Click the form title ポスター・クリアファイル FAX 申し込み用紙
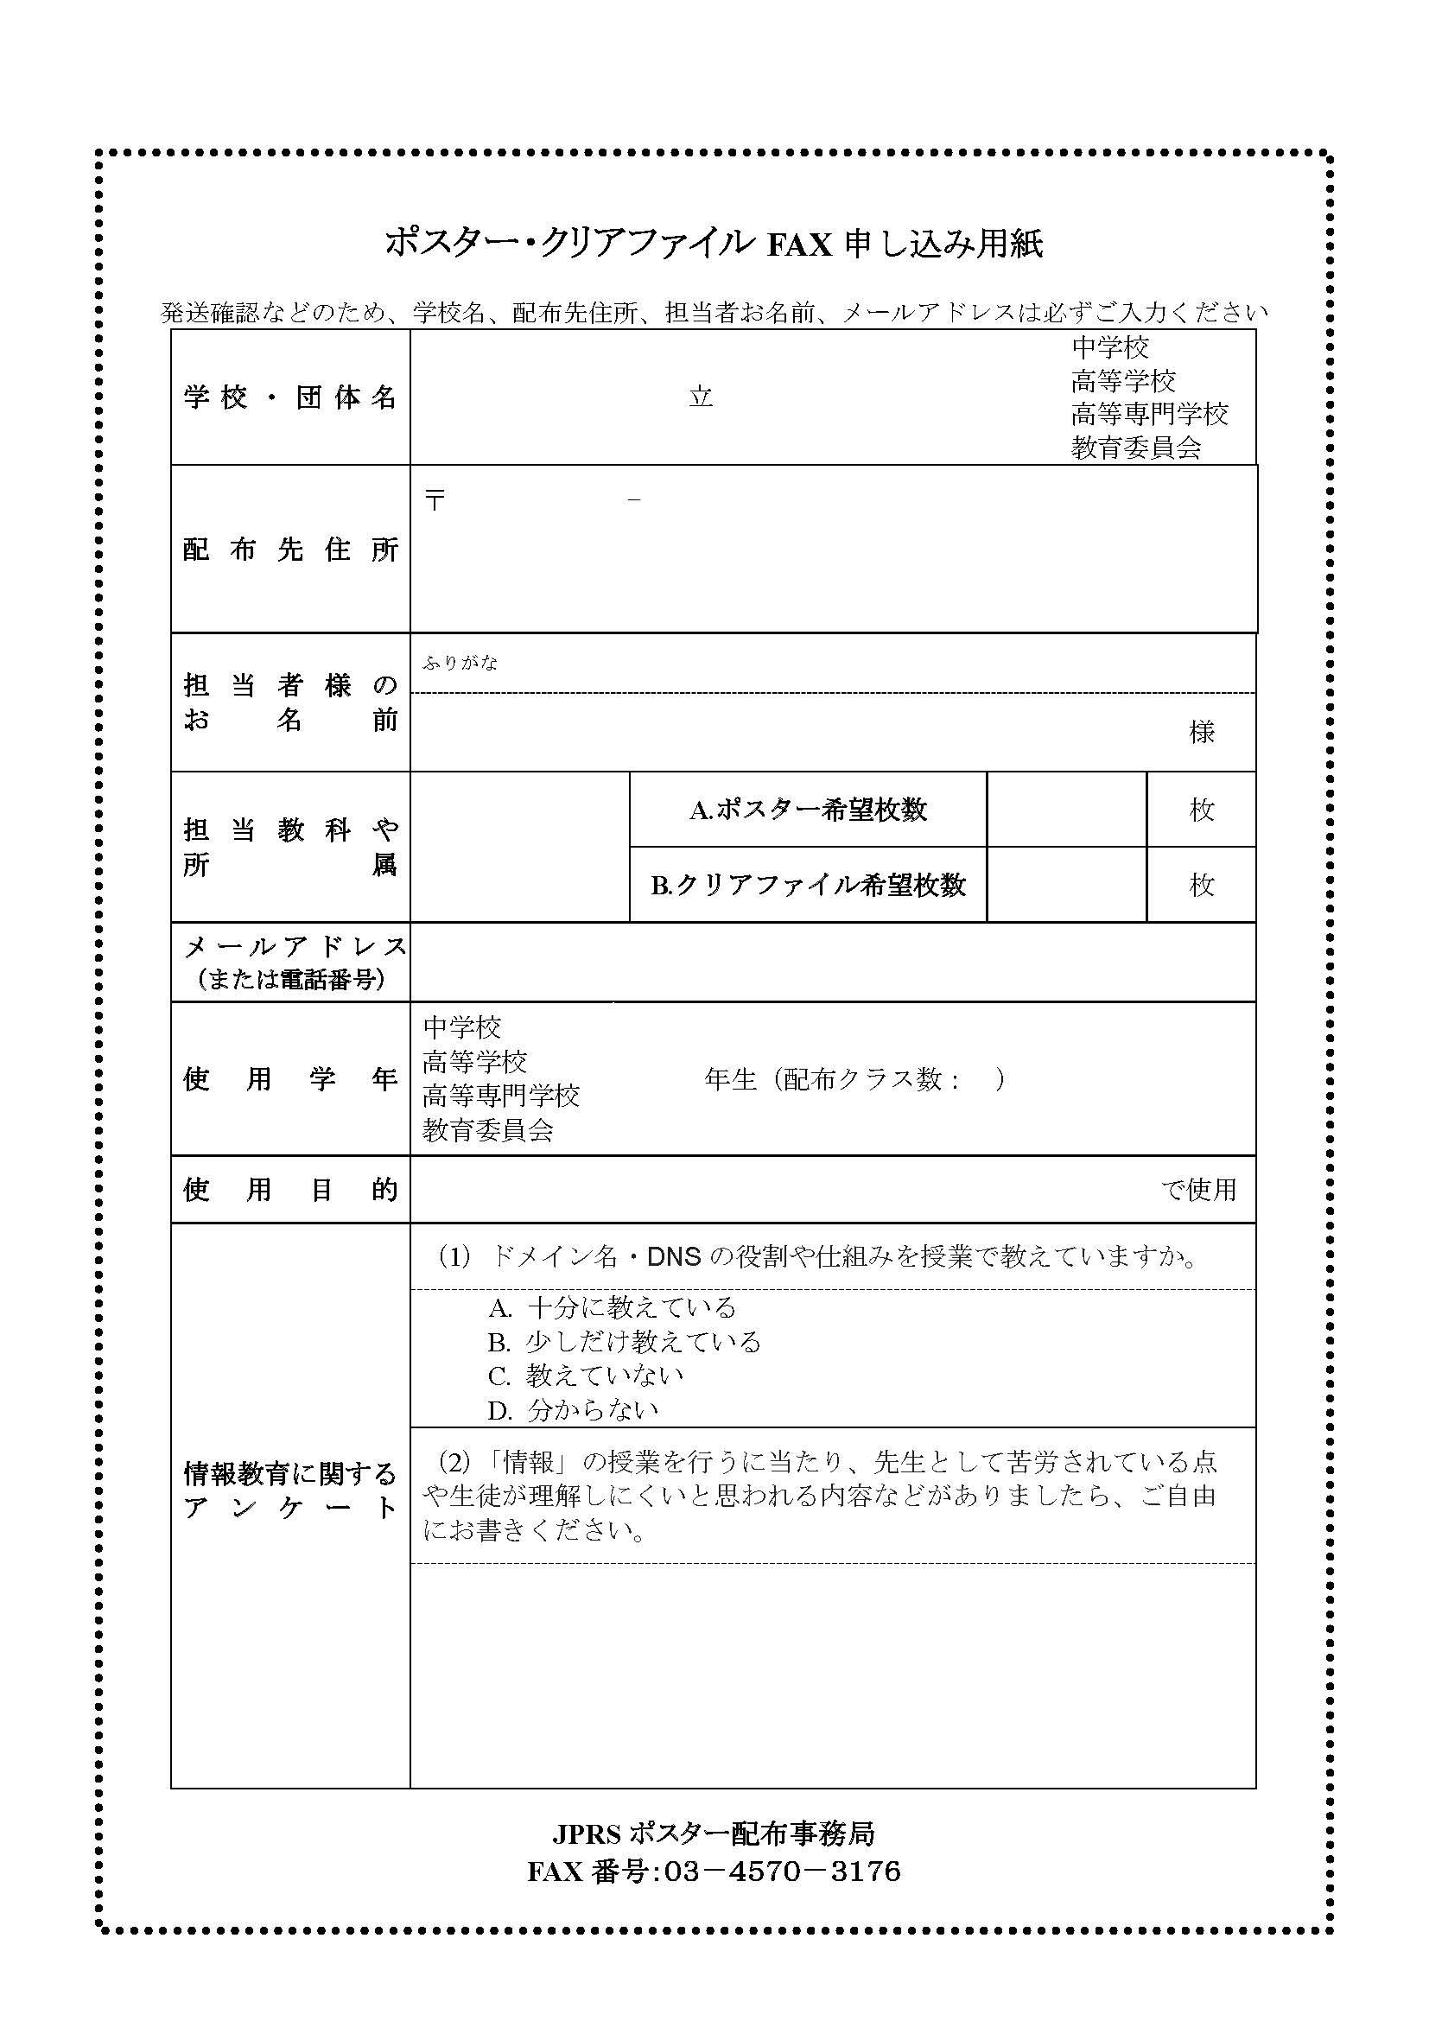pos(714,243)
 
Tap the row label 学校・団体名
pos(289,397)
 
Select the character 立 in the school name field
pos(701,397)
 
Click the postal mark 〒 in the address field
pos(435,501)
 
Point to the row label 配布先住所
pos(289,550)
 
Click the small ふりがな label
pos(460,663)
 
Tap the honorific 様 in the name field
pos(1201,732)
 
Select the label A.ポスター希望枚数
pos(808,810)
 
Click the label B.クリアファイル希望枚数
pos(808,885)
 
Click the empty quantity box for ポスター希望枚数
pos(1066,810)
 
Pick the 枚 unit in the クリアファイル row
pos(1201,885)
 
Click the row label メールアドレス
pos(294,947)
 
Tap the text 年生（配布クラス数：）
pos(854,1079)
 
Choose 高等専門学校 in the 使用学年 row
pos(501,1096)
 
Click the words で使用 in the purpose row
pos(1198,1190)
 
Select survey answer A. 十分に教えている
pos(613,1308)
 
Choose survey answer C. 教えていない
pos(586,1376)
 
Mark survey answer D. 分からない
pos(573,1410)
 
